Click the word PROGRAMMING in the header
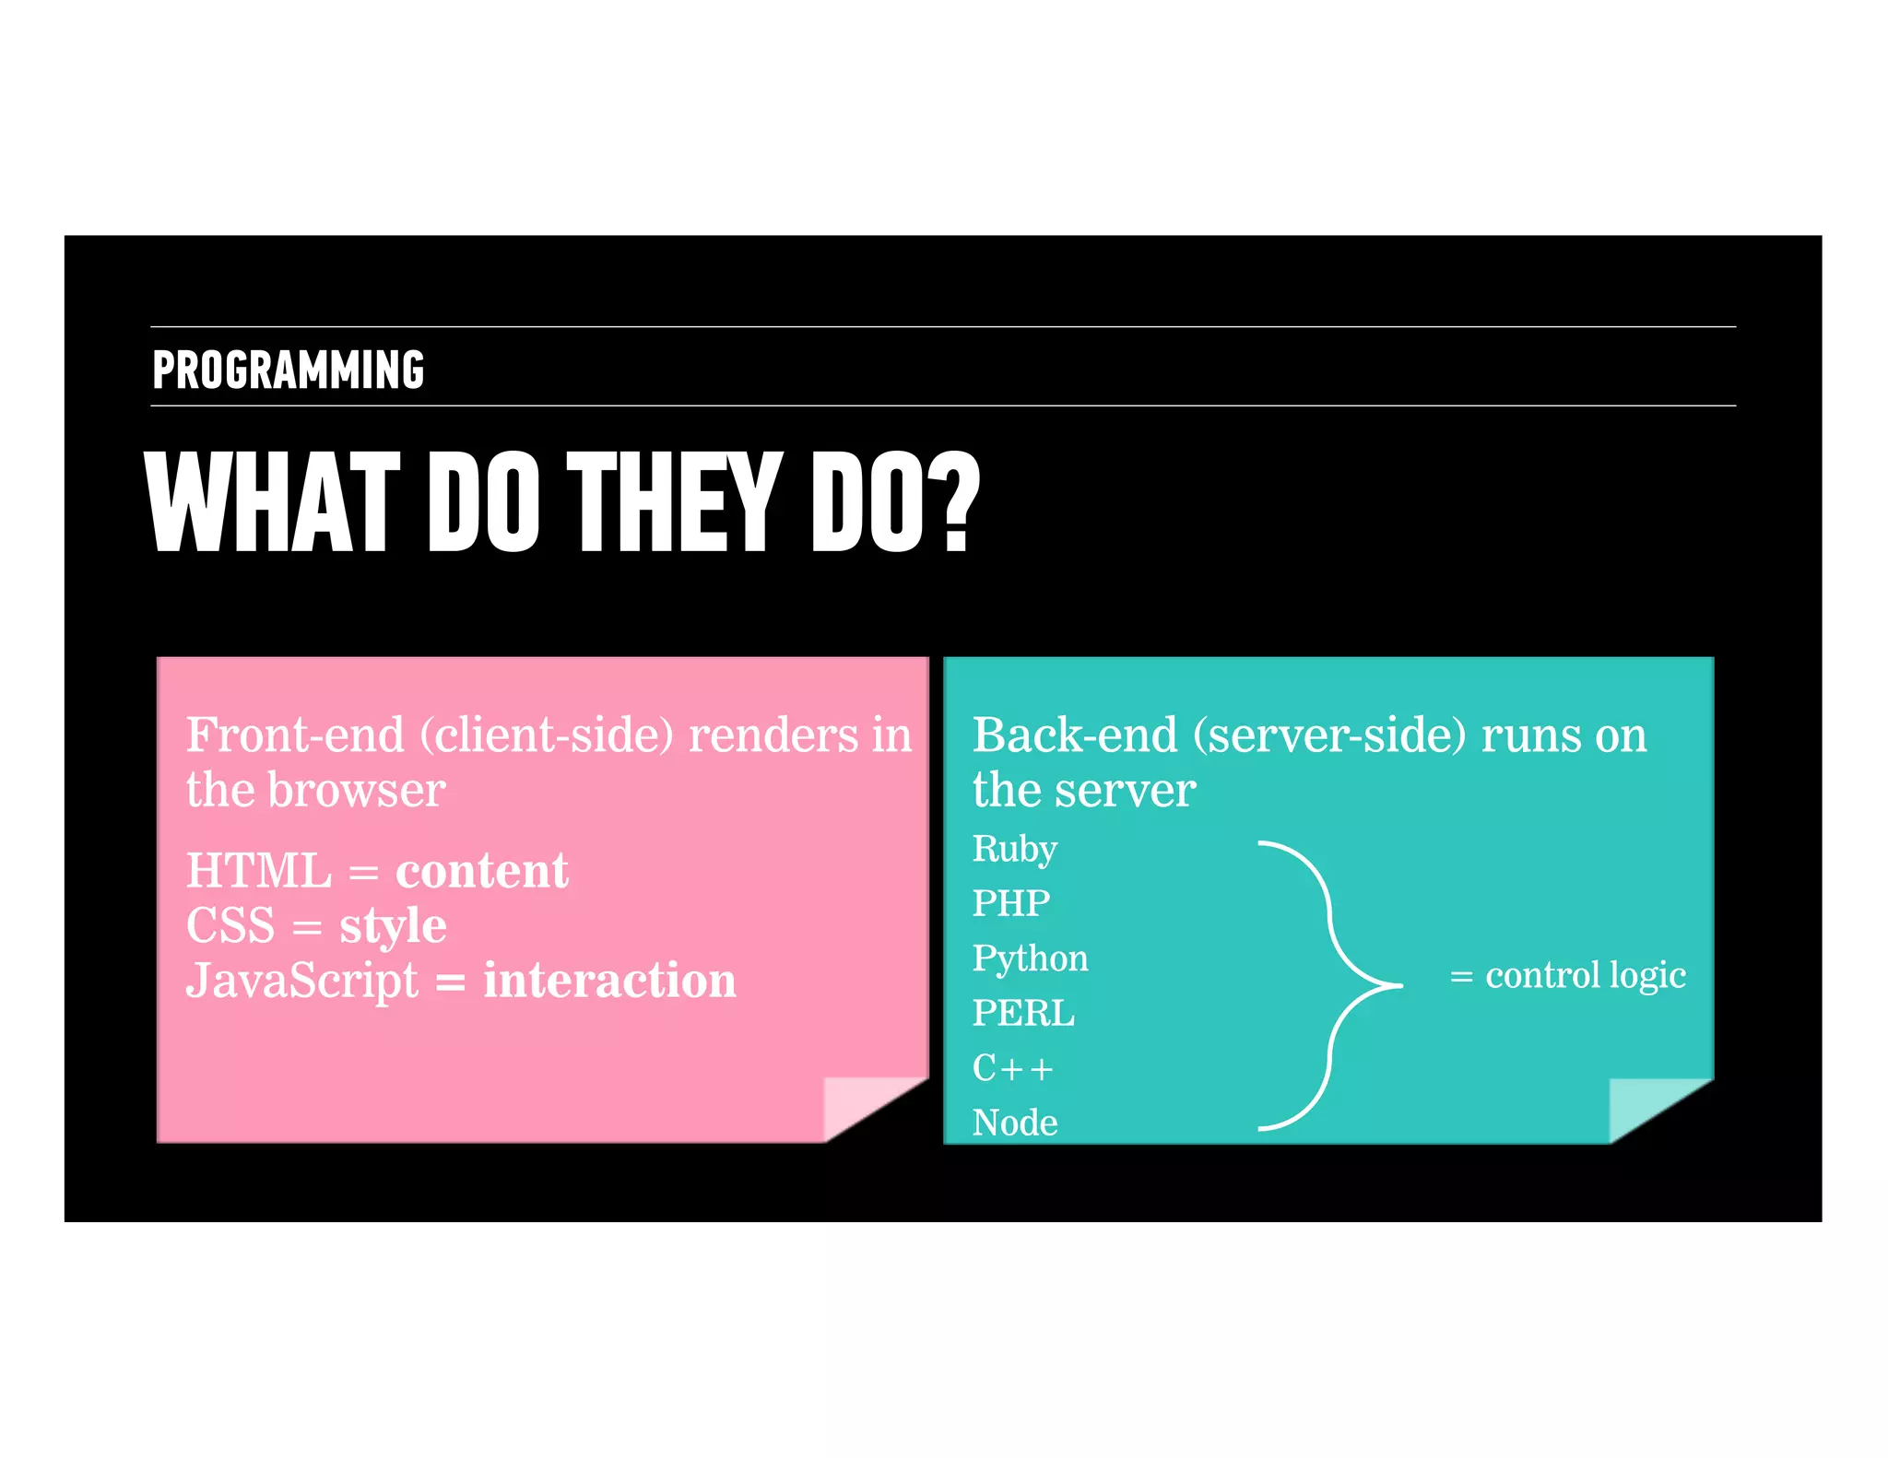tap(288, 370)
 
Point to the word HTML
tap(259, 871)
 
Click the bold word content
tap(481, 871)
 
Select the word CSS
tap(230, 925)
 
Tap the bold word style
tap(393, 925)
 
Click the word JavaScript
tap(301, 980)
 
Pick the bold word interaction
tap(609, 980)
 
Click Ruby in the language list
tap(1014, 849)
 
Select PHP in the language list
tap(1011, 903)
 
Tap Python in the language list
tap(1030, 958)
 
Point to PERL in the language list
tap(1023, 1014)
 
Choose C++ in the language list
tap(1012, 1068)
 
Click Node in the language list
tap(1015, 1123)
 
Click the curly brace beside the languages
tap(1330, 985)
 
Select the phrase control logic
tap(1585, 975)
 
